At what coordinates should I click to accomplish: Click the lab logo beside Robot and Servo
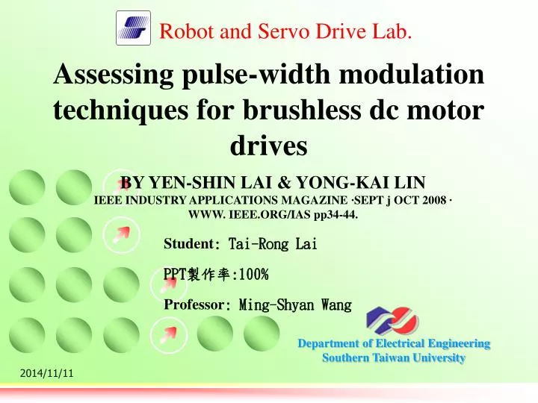134,29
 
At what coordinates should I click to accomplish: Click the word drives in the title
269,146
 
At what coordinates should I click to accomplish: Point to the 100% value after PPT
252,275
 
